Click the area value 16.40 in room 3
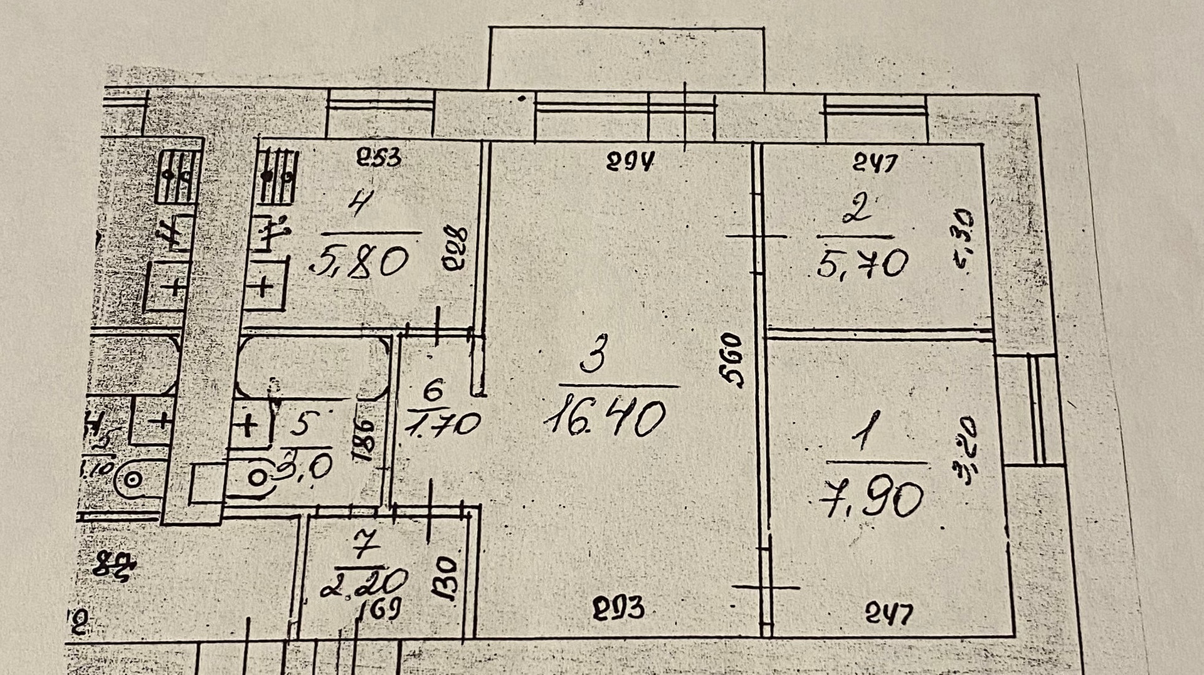point(605,419)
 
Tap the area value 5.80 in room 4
point(359,261)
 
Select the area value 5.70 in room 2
point(863,263)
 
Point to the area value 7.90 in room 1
point(872,498)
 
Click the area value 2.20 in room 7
point(364,584)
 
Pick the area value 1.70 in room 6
point(443,424)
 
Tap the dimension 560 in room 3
point(732,360)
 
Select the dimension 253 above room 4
point(378,157)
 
